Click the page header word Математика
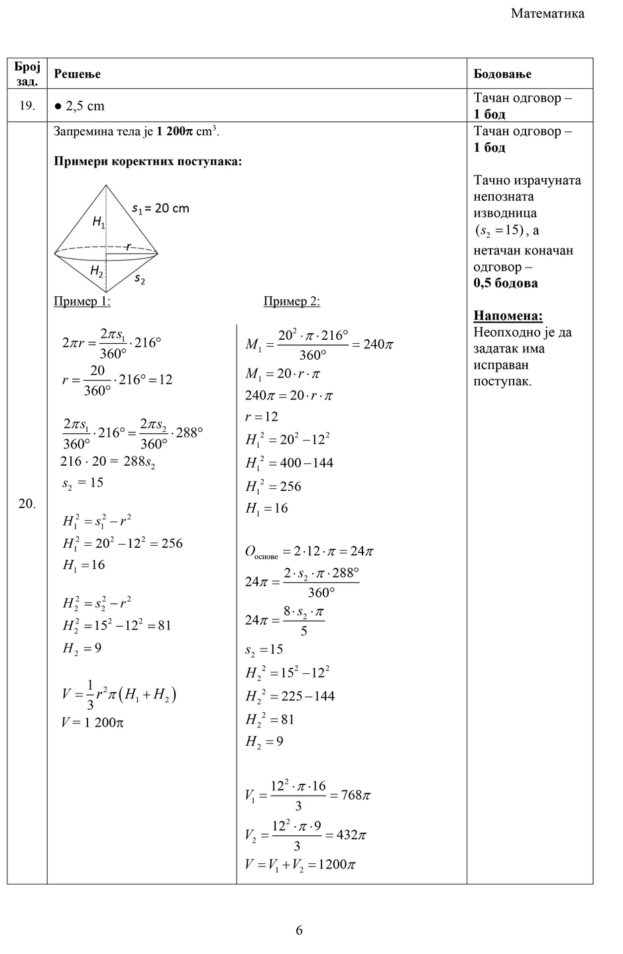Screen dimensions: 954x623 point(547,13)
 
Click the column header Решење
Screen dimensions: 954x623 point(77,74)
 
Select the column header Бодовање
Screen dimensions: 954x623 point(502,74)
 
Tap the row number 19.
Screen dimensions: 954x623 point(27,106)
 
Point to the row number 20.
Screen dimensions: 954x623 point(27,503)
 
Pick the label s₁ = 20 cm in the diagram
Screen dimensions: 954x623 point(160,208)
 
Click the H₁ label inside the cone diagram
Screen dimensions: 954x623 point(99,223)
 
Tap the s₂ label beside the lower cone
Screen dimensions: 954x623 point(140,279)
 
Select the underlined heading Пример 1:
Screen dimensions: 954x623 point(82,301)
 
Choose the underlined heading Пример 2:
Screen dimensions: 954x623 point(292,301)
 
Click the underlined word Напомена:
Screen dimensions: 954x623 point(508,316)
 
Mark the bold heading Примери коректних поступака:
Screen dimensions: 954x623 point(147,162)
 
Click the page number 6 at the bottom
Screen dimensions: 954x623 point(299,930)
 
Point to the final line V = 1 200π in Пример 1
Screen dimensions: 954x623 point(93,722)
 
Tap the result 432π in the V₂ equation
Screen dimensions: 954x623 point(351,835)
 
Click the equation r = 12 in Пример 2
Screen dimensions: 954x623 point(262,417)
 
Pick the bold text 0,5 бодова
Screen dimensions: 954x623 point(505,283)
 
